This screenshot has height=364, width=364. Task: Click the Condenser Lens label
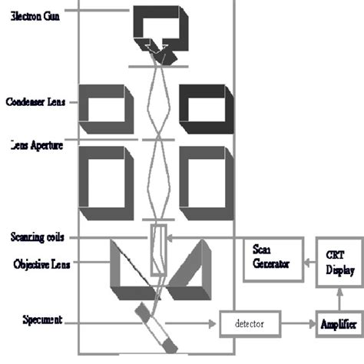(x=35, y=101)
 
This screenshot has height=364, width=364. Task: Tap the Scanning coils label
(x=37, y=237)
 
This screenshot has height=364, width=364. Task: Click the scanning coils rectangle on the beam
(x=158, y=249)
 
